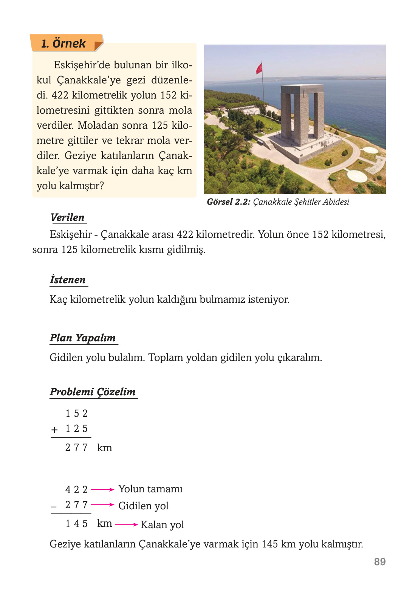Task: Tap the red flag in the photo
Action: coord(259,68)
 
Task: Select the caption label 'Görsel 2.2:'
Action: coord(228,202)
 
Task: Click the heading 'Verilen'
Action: coord(68,217)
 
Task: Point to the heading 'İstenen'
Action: coord(68,280)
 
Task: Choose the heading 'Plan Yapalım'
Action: coord(83,338)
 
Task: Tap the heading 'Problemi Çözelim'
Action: coord(93,392)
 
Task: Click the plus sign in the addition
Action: coord(54,430)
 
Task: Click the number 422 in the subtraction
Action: coord(76,490)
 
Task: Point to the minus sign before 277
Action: coord(54,506)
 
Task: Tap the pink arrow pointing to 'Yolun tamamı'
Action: coord(102,490)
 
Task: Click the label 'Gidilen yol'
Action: coord(143,506)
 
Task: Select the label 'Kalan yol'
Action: coord(162,525)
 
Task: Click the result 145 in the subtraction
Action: coord(76,524)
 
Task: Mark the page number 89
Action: coord(379,562)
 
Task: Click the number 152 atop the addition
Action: coord(76,414)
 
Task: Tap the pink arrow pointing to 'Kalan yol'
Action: coord(126,524)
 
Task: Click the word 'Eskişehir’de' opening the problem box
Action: coord(81,65)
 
